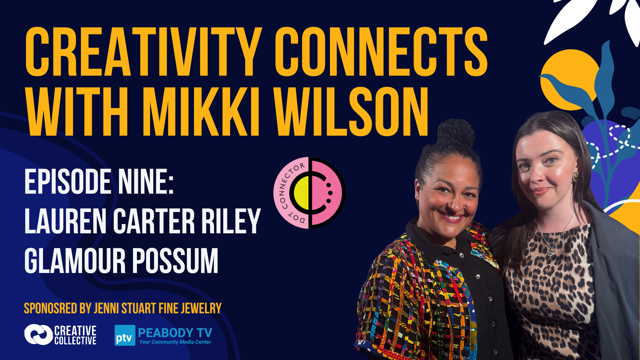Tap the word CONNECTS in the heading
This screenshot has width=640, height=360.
tap(381, 52)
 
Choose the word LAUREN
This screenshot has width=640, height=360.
tap(65, 221)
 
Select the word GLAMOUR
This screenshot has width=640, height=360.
tap(75, 261)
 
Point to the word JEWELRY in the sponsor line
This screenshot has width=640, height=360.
tap(201, 308)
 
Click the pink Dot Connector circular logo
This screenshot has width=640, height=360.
tap(309, 193)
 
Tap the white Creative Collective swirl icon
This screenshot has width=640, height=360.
tap(38, 334)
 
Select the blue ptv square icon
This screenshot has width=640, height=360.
tap(125, 335)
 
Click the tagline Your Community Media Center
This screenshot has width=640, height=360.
tap(175, 342)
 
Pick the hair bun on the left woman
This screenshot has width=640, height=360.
tap(456, 133)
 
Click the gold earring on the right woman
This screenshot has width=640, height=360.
tap(576, 176)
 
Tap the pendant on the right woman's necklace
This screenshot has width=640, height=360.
tap(551, 253)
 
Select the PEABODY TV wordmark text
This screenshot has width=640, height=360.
tap(175, 332)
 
